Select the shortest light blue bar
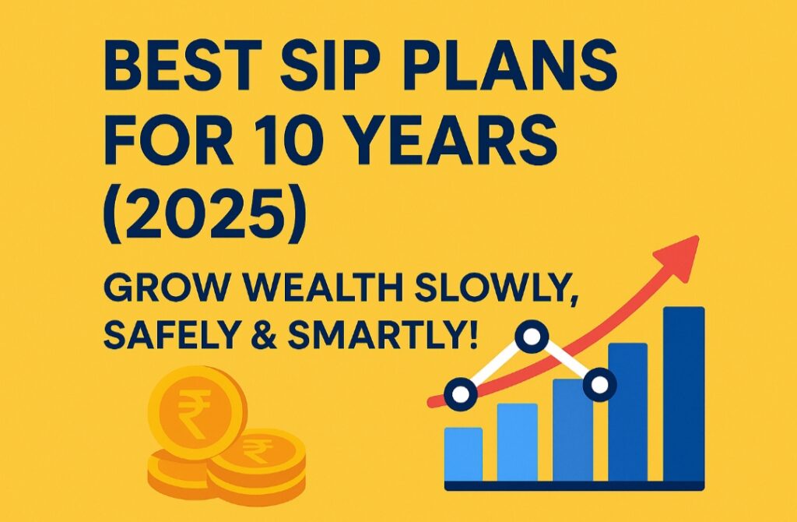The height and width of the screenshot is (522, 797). click(x=464, y=455)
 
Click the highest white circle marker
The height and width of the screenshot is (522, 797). click(x=532, y=336)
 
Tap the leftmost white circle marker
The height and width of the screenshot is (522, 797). click(x=461, y=394)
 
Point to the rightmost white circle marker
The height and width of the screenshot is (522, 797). click(x=600, y=385)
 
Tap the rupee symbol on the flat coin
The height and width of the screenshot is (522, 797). click(x=258, y=450)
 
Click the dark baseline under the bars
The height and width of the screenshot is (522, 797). click(x=574, y=486)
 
